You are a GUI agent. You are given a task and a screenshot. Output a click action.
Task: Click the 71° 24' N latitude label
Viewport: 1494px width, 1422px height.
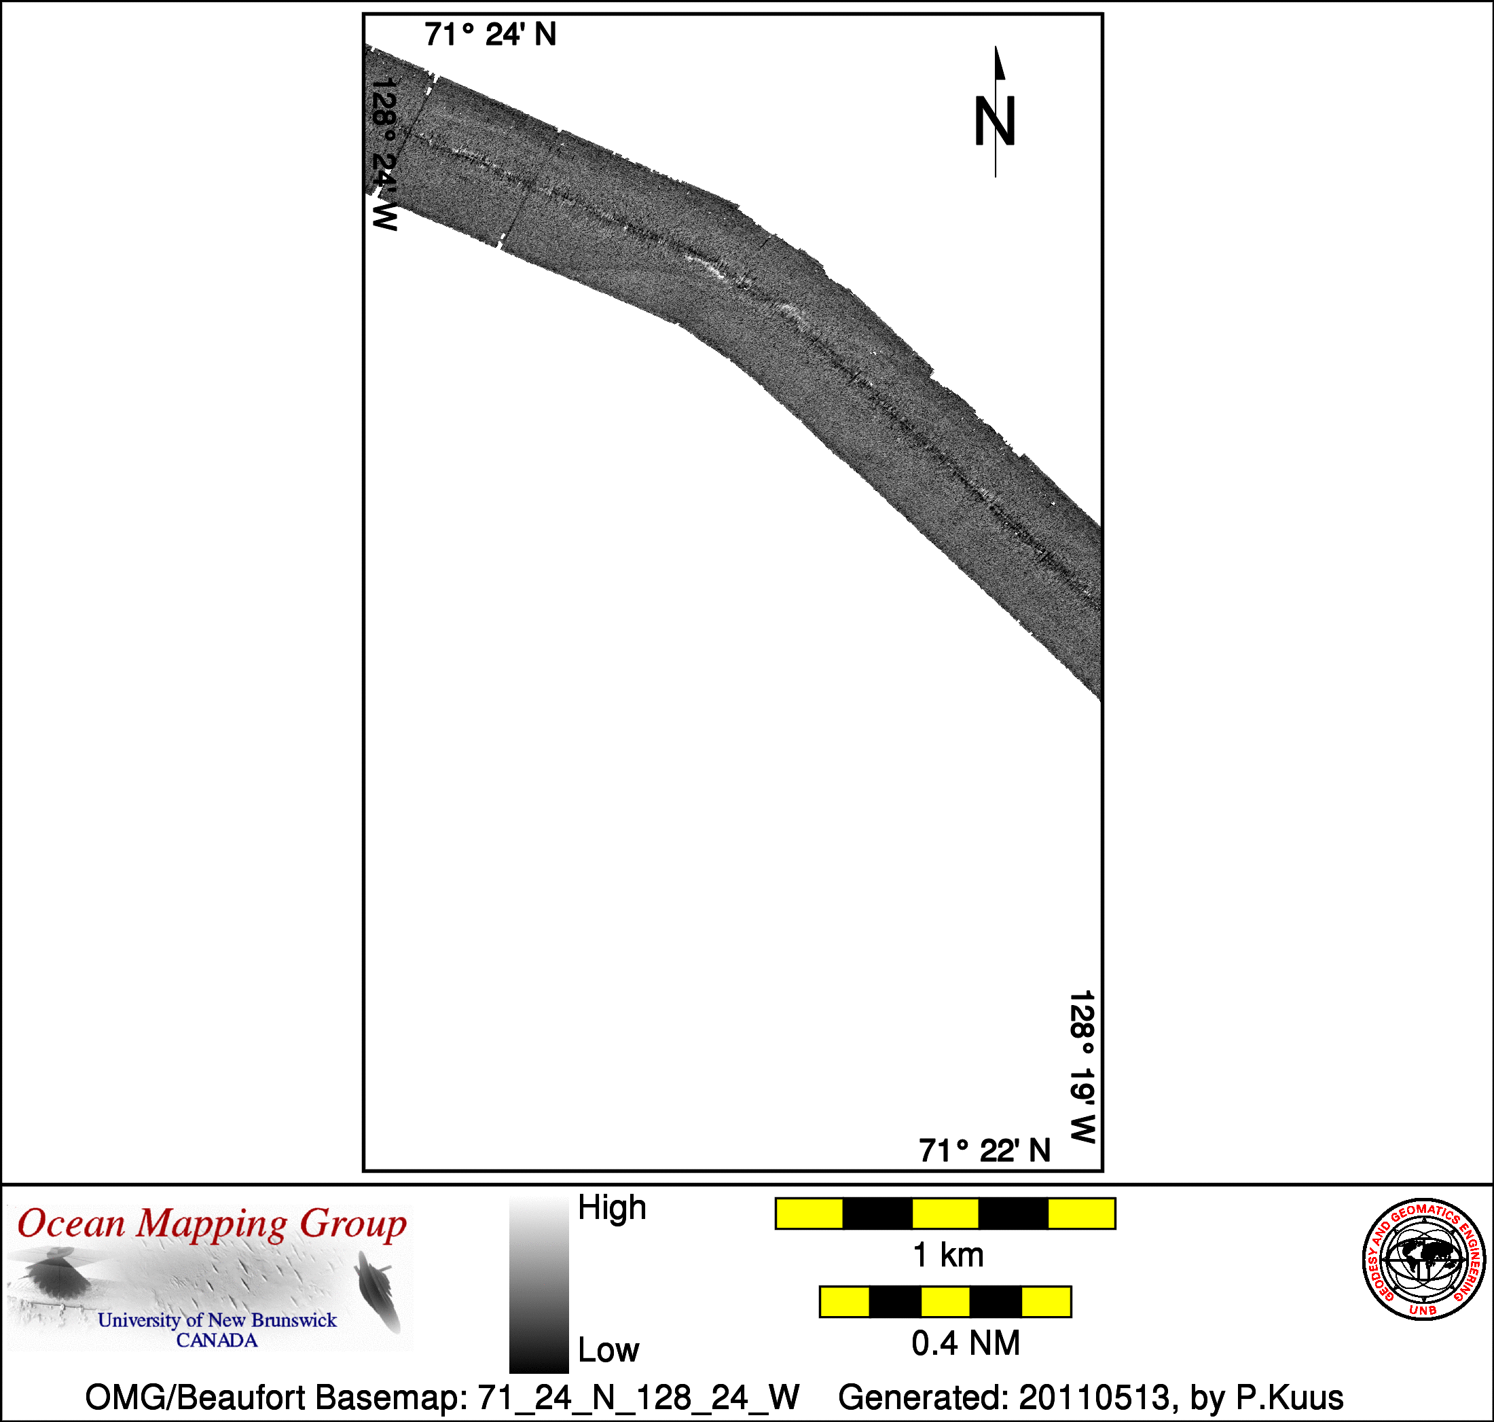coord(490,35)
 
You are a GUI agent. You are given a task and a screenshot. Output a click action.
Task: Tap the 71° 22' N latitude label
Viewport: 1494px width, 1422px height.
coord(985,1150)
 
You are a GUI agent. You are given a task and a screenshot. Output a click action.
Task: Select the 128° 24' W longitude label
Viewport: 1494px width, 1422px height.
coord(384,153)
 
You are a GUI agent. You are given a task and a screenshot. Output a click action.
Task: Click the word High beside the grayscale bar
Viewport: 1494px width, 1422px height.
coord(612,1207)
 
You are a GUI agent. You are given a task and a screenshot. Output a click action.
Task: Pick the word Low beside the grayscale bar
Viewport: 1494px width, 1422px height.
coord(608,1350)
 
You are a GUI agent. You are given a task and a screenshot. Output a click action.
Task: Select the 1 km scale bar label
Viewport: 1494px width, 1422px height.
coord(948,1255)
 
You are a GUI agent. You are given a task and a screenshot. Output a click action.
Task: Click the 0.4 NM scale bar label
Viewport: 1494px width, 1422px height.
coord(966,1343)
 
